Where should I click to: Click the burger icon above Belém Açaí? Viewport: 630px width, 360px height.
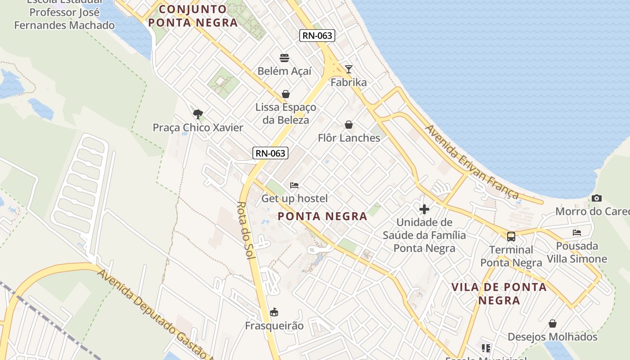click(284, 58)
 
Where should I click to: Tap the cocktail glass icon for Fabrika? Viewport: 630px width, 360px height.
click(349, 69)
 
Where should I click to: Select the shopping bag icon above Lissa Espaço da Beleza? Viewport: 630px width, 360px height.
click(286, 94)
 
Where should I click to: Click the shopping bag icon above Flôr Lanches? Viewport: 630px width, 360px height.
click(349, 125)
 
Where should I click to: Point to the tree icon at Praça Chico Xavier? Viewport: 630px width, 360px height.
click(198, 114)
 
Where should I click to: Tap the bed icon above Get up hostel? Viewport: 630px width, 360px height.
click(294, 185)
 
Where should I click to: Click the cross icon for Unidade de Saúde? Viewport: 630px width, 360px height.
click(424, 209)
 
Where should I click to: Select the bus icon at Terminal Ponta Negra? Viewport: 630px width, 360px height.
click(511, 236)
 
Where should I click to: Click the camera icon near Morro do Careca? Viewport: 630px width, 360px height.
click(597, 198)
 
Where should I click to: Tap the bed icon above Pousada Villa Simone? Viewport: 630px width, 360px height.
click(577, 233)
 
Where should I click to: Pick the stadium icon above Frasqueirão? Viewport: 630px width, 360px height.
click(274, 312)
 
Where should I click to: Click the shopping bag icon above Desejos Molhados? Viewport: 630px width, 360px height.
click(553, 324)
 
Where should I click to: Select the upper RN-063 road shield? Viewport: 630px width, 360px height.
click(318, 36)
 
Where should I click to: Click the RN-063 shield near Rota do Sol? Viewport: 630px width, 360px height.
click(270, 153)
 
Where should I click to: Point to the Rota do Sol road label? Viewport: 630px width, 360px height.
click(246, 230)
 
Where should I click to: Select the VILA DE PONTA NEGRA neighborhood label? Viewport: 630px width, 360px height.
click(499, 293)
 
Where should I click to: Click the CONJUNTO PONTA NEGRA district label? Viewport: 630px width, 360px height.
click(193, 16)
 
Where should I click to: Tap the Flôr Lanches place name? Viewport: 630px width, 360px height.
click(349, 138)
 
